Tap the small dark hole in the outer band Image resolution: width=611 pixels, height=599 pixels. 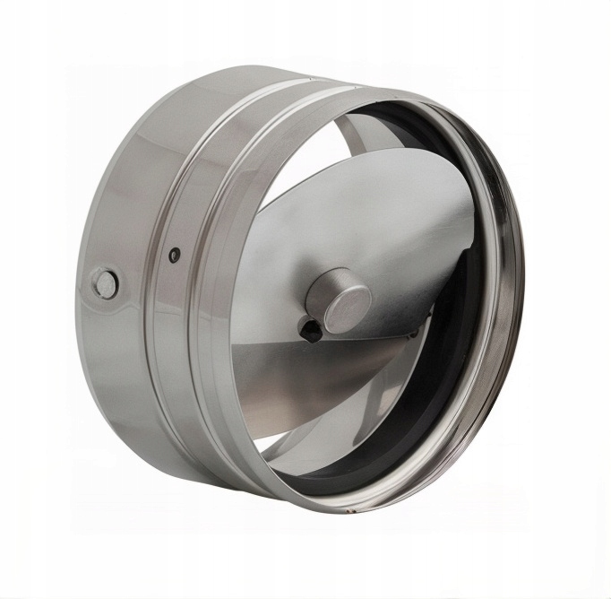click(x=176, y=252)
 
